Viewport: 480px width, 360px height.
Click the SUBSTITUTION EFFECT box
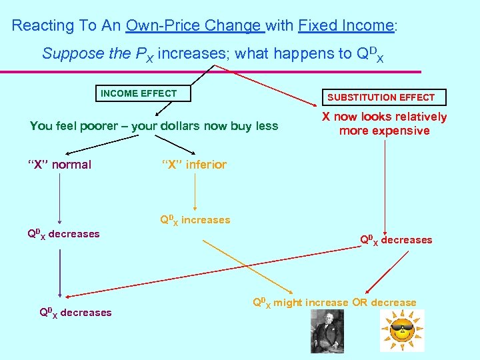381,97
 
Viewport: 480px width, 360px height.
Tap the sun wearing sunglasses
401,331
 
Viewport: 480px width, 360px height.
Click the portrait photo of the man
327,331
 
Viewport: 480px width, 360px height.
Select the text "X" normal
60,165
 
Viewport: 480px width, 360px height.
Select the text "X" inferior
193,165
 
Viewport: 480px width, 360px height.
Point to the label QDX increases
194,220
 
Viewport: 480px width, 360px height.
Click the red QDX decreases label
396,240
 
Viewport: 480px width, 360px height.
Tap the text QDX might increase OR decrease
334,303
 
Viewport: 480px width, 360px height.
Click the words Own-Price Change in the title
194,26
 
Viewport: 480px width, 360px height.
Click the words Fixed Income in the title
346,26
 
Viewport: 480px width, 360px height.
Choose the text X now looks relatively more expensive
384,124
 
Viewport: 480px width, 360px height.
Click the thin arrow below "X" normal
60,197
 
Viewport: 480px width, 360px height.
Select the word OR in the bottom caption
360,303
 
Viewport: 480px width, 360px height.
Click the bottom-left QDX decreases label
75,313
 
